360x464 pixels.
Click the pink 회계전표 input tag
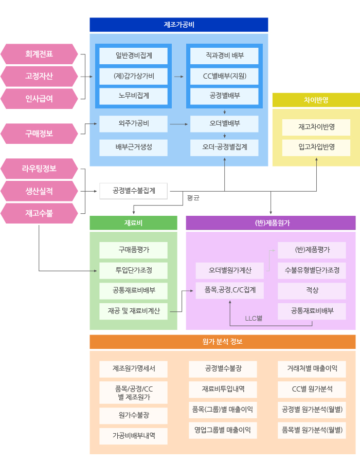(39, 54)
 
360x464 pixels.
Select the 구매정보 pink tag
(39, 134)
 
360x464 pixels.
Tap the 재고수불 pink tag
(39, 213)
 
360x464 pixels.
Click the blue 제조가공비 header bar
(178, 25)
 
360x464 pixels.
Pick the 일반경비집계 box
(133, 55)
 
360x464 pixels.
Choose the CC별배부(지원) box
(224, 76)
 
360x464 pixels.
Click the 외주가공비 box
(133, 124)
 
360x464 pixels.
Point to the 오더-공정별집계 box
(224, 147)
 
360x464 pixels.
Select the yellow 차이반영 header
(316, 100)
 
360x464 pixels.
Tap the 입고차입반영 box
(316, 147)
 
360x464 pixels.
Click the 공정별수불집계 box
(134, 191)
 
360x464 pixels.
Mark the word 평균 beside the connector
(193, 198)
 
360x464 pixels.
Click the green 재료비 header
(133, 223)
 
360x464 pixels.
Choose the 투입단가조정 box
(133, 270)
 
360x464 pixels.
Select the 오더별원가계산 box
(229, 270)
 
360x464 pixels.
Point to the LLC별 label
(254, 319)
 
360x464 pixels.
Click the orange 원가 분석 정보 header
(222, 342)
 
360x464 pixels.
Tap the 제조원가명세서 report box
(133, 368)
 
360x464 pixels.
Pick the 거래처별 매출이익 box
(311, 368)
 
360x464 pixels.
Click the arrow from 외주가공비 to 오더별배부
(178, 124)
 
